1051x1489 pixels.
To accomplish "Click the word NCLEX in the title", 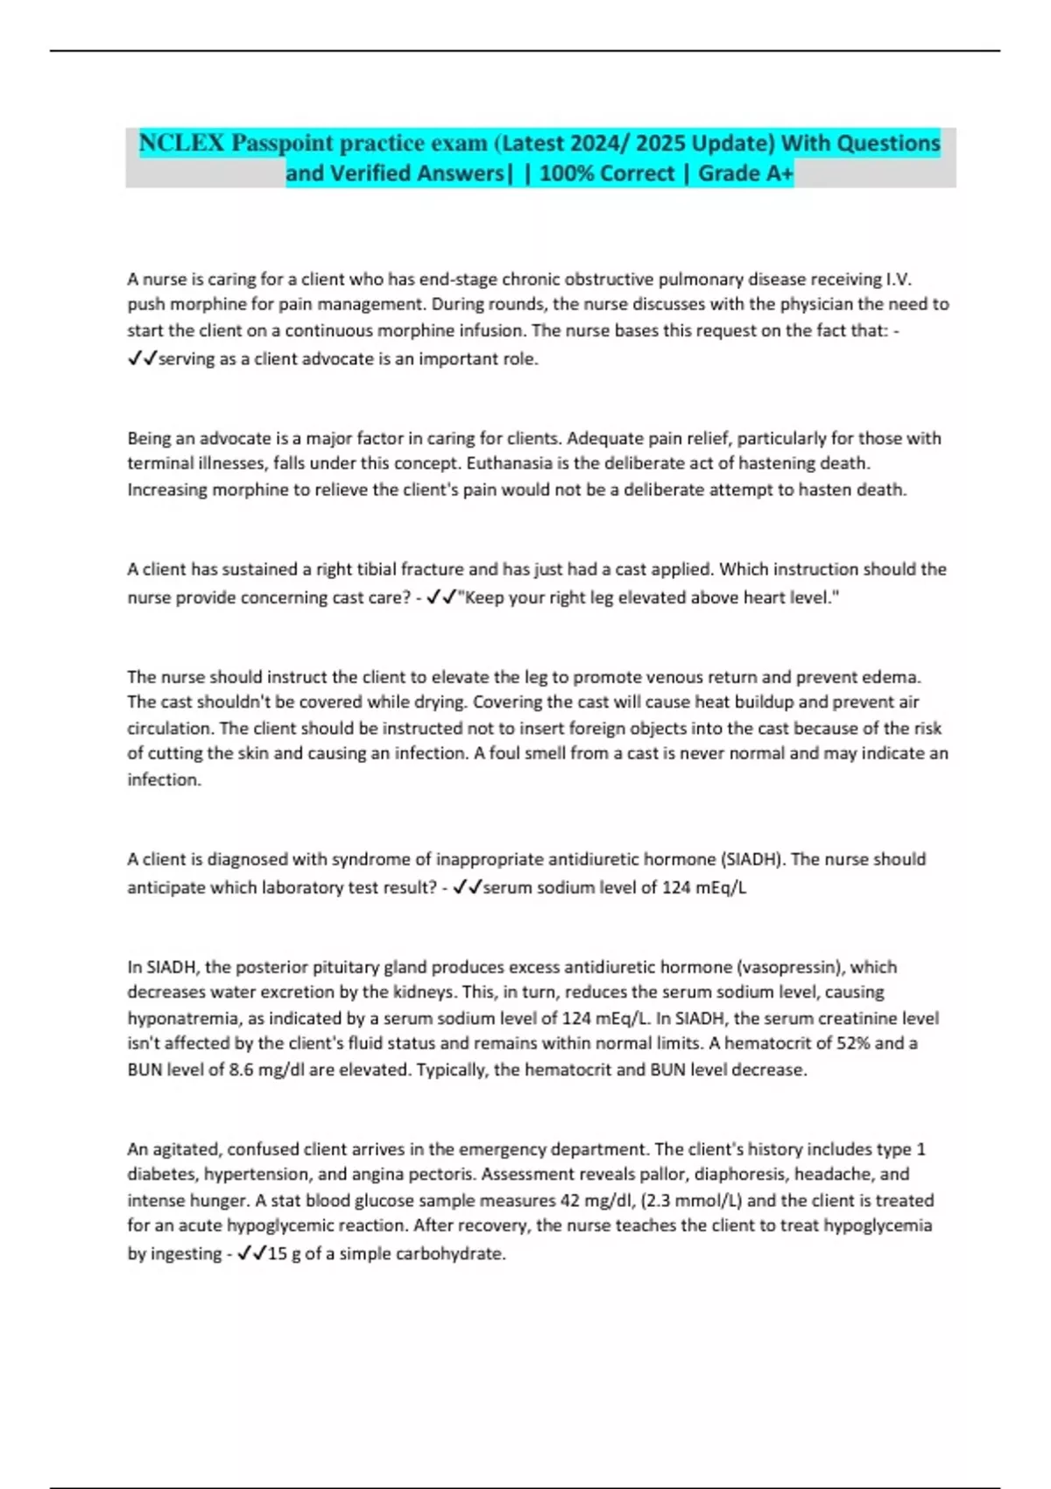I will [x=181, y=143].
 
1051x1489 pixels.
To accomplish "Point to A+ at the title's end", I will [x=779, y=173].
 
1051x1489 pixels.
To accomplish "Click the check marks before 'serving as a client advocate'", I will [x=142, y=359].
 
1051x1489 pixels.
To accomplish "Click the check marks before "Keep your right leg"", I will [x=441, y=597].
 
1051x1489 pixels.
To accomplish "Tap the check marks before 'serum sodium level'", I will [x=467, y=887].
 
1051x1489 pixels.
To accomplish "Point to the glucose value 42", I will [x=570, y=1201].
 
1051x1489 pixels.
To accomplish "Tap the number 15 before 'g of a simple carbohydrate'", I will [x=277, y=1253].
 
